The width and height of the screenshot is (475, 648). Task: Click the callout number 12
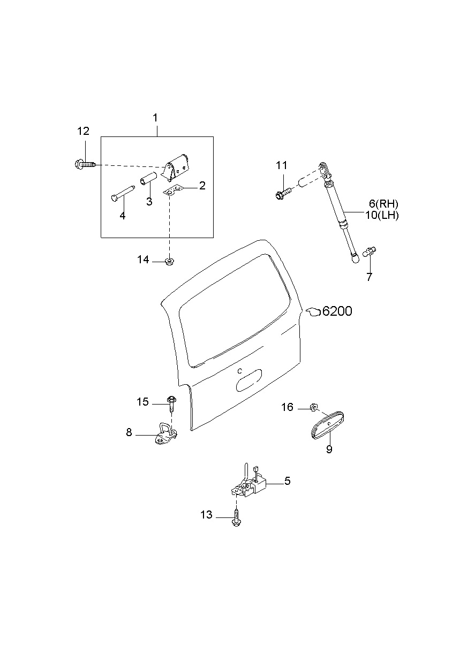coord(83,131)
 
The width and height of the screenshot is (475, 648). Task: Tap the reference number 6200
coord(336,311)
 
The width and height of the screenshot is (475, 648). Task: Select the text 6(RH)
coord(383,204)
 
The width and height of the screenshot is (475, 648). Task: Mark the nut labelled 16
coord(314,409)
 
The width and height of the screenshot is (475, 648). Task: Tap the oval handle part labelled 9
coord(327,425)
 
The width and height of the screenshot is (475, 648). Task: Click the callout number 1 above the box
coord(155,117)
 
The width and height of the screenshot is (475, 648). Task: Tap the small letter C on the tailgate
coord(240,370)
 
